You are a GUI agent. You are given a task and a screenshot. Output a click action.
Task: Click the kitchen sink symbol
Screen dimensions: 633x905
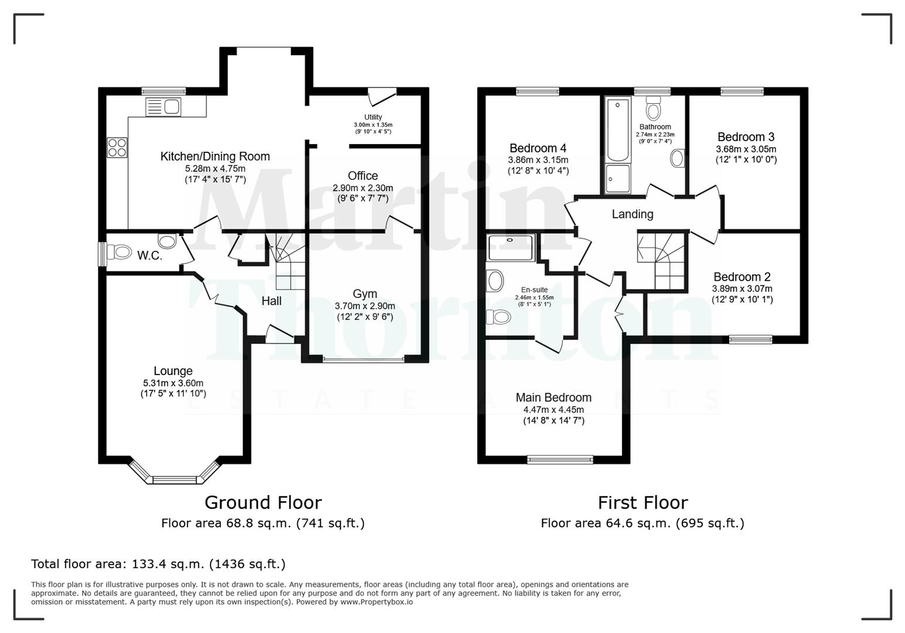click(x=163, y=107)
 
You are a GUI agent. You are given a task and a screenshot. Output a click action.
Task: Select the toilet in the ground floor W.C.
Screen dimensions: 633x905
click(x=121, y=253)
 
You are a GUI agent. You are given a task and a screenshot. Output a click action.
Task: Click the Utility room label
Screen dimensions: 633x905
click(x=373, y=117)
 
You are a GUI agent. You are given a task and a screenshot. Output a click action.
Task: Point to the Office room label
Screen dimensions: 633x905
click(x=363, y=176)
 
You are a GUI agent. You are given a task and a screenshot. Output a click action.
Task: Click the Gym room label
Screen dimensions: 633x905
click(x=365, y=294)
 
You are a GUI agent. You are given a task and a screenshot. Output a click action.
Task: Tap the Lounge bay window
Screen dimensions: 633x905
click(x=173, y=479)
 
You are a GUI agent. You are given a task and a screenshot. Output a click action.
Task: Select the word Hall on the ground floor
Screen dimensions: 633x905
click(x=271, y=301)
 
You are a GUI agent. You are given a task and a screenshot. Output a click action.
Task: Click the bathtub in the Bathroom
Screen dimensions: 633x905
click(x=618, y=131)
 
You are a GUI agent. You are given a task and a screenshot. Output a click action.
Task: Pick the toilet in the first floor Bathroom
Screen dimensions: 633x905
click(x=653, y=109)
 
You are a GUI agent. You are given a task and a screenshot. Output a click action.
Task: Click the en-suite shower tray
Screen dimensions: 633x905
click(x=511, y=247)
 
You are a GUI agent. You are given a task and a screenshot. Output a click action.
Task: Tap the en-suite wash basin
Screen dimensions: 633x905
click(x=495, y=281)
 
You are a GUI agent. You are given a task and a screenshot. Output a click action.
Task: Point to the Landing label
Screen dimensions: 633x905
click(x=632, y=214)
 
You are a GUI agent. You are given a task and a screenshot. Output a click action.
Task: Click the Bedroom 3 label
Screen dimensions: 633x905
click(x=746, y=137)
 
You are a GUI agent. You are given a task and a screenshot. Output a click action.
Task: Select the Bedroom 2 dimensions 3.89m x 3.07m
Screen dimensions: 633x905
click(x=742, y=288)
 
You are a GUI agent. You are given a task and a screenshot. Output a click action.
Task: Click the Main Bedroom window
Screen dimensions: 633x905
click(x=560, y=460)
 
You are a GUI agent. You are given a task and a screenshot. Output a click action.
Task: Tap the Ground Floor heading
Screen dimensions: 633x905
click(x=263, y=502)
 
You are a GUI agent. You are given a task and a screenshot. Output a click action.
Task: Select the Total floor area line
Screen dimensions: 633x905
click(x=158, y=564)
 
